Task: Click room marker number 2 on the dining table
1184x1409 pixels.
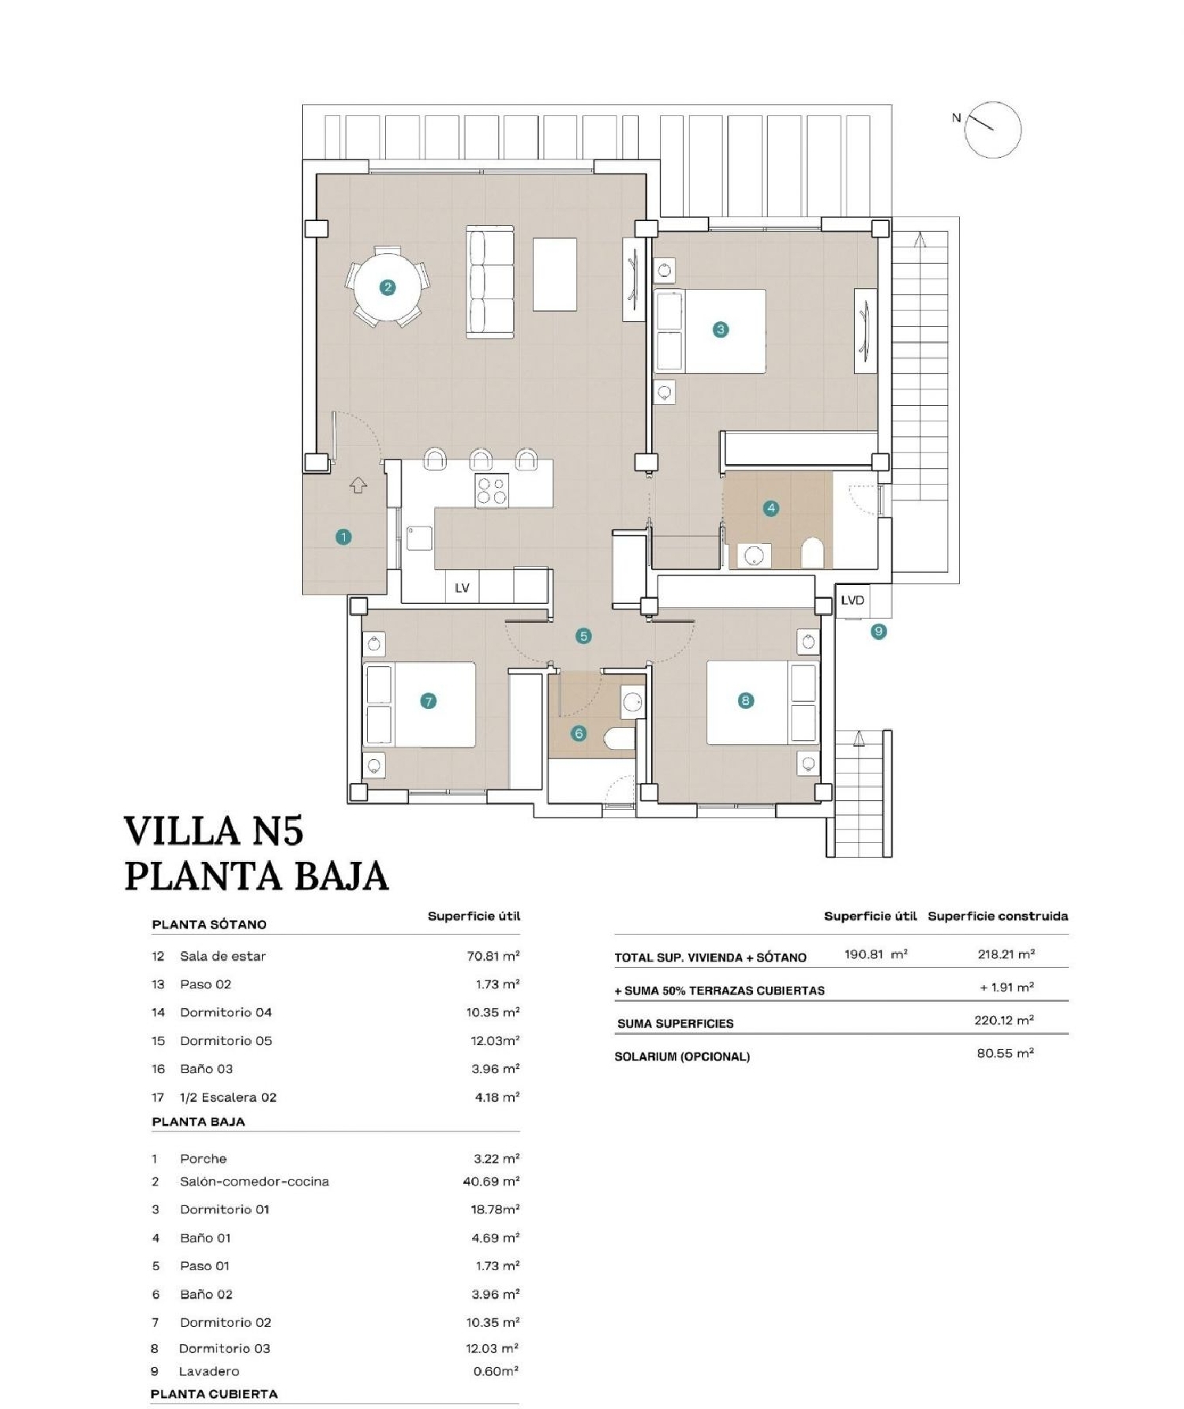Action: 388,287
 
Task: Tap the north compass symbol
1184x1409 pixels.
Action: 992,130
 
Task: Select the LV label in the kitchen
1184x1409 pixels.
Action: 462,587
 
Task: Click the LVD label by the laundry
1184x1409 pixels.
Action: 852,600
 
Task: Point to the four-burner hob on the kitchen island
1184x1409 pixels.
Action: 491,490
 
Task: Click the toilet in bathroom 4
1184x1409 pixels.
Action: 812,553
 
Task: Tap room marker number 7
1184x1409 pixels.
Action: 428,701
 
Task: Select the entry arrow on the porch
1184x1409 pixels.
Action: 358,485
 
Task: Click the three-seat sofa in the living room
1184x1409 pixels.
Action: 490,282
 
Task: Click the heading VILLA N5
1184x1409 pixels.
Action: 214,831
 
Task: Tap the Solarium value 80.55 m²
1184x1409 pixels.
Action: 1005,1053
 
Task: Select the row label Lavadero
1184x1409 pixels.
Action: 208,1371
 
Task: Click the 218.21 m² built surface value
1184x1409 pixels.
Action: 1006,954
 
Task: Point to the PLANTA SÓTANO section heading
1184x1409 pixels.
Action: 209,924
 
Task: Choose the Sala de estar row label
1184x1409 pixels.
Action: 223,956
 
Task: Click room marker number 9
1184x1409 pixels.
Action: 879,631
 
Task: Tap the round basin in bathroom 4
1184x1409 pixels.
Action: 754,556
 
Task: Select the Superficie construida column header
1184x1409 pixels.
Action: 998,916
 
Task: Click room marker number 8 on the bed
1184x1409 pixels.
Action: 745,700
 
